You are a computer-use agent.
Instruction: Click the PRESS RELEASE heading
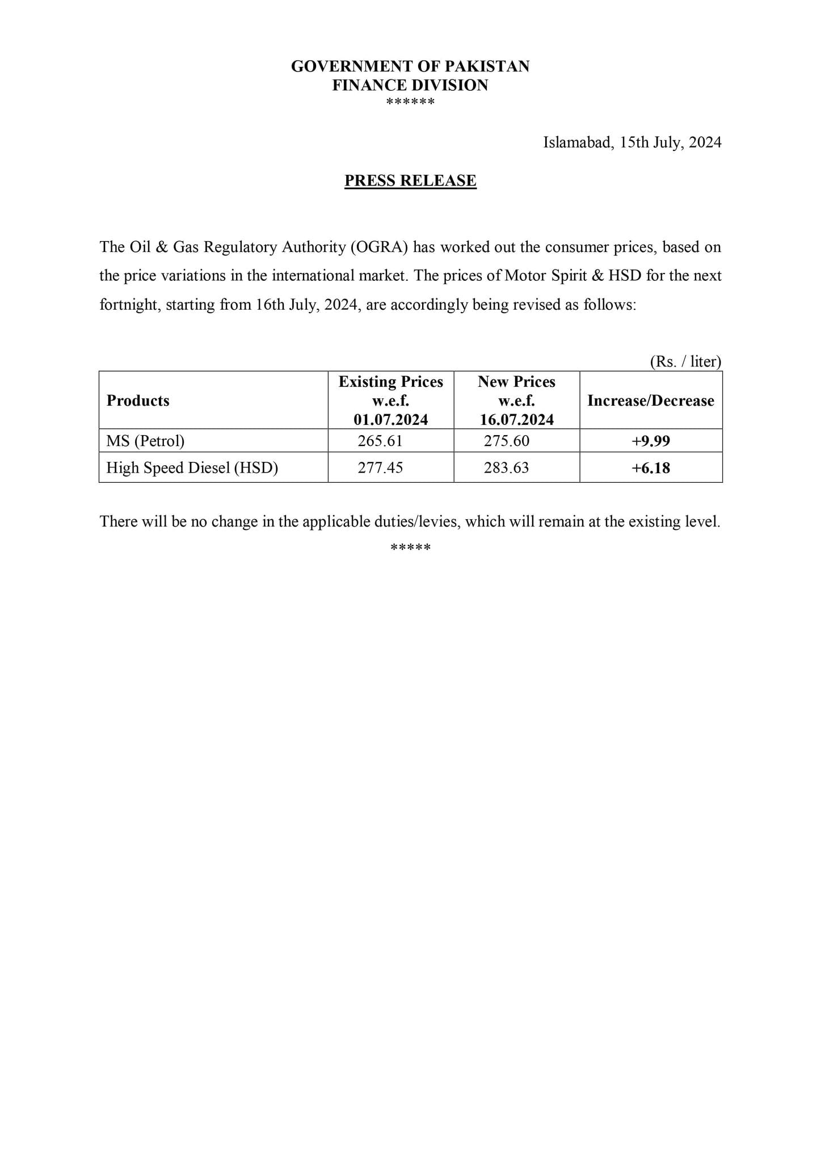coord(410,180)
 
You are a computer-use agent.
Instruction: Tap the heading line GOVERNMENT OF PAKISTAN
coord(410,66)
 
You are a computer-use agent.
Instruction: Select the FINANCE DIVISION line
coord(410,85)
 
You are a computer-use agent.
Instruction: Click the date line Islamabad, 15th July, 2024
coord(632,142)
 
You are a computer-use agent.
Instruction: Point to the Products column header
coord(138,401)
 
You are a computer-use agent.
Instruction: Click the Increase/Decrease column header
coord(651,401)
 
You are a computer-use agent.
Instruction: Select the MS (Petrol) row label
coord(145,441)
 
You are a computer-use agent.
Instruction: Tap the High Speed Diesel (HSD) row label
coord(192,468)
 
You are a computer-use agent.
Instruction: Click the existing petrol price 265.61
coord(380,441)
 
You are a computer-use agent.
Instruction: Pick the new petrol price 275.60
coord(507,441)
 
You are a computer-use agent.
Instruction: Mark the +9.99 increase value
coord(651,441)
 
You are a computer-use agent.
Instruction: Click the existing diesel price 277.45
coord(380,468)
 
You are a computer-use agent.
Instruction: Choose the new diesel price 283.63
coord(507,468)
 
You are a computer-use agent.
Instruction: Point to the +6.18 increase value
coord(651,468)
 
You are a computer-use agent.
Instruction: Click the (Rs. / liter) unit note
coord(685,361)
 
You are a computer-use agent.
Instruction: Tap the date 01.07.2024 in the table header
coord(391,420)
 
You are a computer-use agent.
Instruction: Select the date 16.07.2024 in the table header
coord(517,420)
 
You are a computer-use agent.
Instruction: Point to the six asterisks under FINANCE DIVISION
coord(410,102)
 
